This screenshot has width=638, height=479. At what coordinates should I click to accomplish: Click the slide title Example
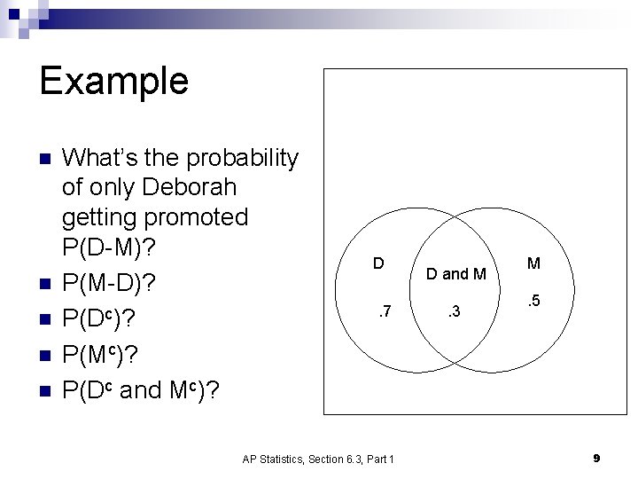coord(113,81)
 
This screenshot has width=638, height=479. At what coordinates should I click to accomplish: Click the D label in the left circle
coord(377,263)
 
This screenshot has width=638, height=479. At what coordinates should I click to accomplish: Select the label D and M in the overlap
coord(455,274)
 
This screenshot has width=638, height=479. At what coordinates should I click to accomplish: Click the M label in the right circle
coord(533,263)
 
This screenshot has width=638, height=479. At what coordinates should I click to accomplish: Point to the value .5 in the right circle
coord(533,302)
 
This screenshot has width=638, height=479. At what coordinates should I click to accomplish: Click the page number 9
coord(596,458)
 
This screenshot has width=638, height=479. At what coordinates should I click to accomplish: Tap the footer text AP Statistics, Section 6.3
coord(318,459)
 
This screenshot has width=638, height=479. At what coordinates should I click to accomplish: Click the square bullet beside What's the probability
coord(47,159)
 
